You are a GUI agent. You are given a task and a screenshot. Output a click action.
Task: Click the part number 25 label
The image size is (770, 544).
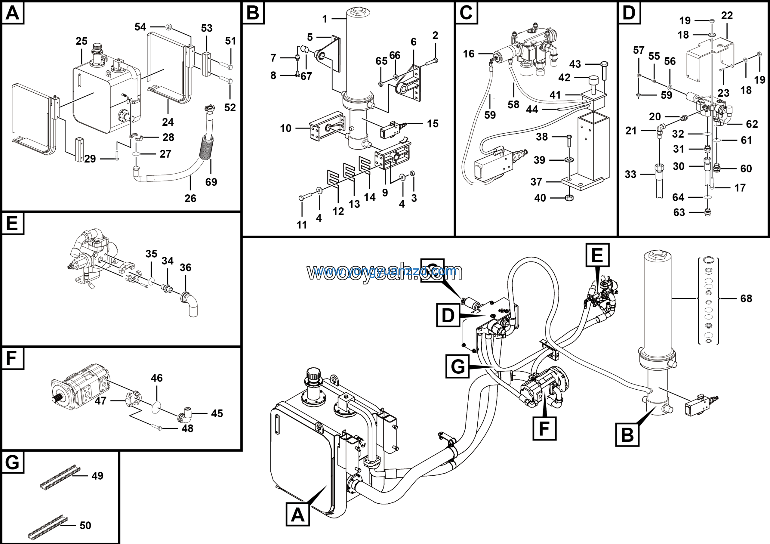(x=82, y=41)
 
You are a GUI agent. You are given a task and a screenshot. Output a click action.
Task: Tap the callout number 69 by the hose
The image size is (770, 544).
(x=211, y=182)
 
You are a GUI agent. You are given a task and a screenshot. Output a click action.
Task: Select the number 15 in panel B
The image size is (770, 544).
(x=433, y=124)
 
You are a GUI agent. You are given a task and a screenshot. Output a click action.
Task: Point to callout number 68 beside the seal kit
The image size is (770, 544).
(x=746, y=298)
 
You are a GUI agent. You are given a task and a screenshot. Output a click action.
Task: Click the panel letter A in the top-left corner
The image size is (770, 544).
(x=13, y=13)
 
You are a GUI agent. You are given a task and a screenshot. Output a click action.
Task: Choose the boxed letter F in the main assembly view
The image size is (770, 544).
(x=544, y=428)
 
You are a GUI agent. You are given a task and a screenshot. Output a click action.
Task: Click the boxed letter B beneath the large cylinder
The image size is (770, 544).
(x=627, y=435)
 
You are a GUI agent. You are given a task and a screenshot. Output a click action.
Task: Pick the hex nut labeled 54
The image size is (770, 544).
(x=169, y=26)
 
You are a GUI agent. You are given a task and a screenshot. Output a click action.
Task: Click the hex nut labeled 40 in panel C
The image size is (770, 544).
(x=569, y=198)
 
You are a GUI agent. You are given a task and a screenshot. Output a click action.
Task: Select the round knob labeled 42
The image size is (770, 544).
(x=593, y=81)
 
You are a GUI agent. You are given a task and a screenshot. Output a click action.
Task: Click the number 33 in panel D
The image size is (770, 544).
(x=630, y=175)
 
